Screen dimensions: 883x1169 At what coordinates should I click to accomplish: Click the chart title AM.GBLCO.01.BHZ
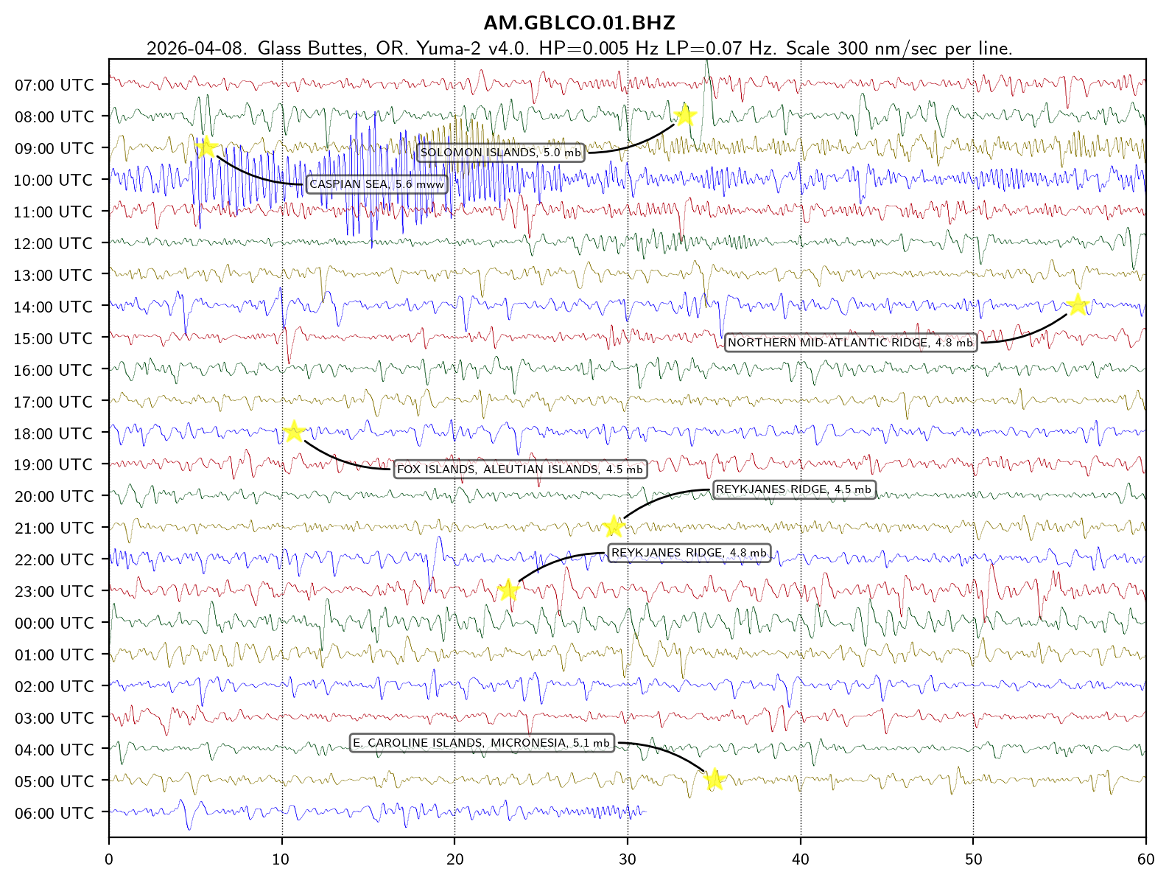tap(579, 23)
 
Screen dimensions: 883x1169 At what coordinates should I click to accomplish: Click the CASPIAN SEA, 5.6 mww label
tap(376, 184)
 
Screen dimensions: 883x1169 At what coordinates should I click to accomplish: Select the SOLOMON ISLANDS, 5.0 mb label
tap(501, 153)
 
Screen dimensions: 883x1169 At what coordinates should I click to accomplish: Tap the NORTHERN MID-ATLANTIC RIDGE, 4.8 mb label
tap(851, 343)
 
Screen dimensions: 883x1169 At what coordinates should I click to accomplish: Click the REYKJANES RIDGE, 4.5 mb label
tap(793, 489)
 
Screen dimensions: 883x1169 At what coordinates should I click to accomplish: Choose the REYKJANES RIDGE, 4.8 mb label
tap(689, 553)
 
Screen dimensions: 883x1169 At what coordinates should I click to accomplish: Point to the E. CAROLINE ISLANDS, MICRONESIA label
tap(482, 743)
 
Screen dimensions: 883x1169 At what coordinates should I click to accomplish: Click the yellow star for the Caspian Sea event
tap(207, 147)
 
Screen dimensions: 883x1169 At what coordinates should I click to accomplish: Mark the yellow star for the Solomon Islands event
tap(686, 115)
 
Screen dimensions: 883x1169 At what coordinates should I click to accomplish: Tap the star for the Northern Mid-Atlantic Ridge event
tap(1078, 304)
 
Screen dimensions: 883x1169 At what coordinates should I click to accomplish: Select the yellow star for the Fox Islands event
tap(294, 431)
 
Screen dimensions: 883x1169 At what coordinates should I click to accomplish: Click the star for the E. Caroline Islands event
tap(714, 779)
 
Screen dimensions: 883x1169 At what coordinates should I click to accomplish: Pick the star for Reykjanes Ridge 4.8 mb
tap(508, 590)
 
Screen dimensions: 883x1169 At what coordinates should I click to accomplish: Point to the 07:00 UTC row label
tap(55, 85)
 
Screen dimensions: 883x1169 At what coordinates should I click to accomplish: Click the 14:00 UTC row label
tap(55, 307)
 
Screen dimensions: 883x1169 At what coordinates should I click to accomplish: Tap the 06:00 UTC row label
tap(55, 814)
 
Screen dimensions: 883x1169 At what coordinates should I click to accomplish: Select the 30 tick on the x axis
tap(628, 859)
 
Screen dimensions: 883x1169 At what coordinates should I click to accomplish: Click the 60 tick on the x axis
tap(1145, 859)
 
